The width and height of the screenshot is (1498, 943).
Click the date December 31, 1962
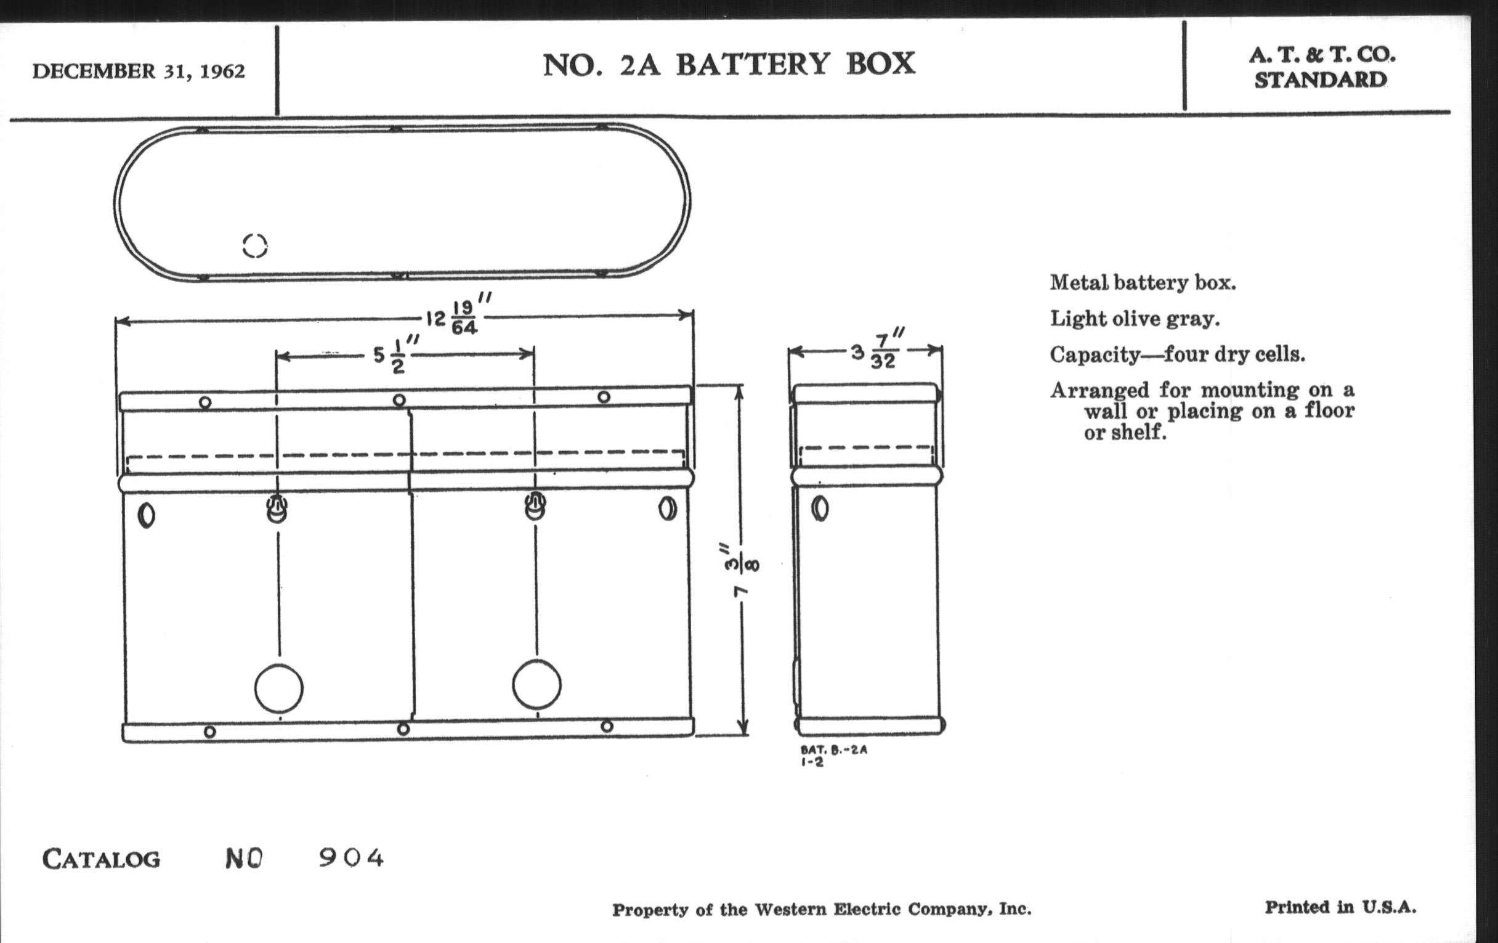pos(138,71)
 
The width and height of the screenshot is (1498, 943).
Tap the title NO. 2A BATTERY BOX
pos(729,64)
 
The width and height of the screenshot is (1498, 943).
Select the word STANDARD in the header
pos(1320,80)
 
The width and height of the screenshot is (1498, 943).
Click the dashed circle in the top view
pos(255,246)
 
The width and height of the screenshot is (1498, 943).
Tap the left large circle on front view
pos(278,688)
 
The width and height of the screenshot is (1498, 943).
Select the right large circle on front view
pos(536,685)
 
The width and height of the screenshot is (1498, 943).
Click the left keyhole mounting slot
pos(277,508)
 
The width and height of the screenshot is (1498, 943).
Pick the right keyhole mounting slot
pos(536,505)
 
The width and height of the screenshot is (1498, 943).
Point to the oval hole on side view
pos(820,509)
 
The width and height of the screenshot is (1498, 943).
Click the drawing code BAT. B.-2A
pos(833,750)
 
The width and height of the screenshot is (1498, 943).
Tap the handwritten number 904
pos(352,859)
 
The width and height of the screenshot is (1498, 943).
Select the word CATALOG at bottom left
pos(102,860)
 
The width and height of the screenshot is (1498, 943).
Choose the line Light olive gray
pos(1135,319)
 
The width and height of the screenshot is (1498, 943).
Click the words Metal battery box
pos(1142,284)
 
